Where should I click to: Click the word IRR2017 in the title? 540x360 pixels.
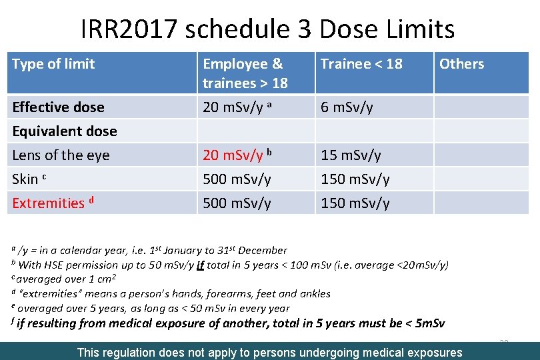[127, 29]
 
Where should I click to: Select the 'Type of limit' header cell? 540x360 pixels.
[53, 64]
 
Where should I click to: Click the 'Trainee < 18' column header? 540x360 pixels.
[361, 64]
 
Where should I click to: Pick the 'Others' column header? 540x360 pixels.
[461, 64]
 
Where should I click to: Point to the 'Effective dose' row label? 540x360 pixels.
[59, 107]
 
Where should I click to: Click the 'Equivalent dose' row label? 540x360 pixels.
[65, 131]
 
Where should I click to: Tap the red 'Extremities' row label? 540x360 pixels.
[48, 203]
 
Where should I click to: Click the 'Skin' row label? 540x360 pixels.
[25, 179]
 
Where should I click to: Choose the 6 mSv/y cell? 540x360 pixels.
[347, 107]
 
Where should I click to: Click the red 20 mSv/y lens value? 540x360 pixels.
[233, 155]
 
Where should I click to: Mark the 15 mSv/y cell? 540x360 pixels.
[351, 155]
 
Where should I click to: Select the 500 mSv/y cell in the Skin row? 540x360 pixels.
[237, 179]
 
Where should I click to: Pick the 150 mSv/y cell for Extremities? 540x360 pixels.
[355, 203]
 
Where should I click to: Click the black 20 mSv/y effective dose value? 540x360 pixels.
[233, 107]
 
